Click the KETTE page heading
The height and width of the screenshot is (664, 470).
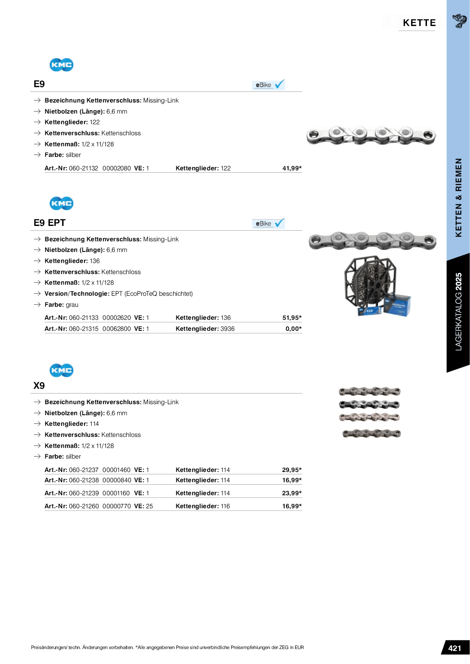419,23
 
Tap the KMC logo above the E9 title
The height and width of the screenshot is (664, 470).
62,65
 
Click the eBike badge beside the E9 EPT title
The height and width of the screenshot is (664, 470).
268,224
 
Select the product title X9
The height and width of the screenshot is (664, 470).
39,386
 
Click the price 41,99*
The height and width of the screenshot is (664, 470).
292,168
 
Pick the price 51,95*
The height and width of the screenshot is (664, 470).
292,318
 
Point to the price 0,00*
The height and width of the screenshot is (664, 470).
293,329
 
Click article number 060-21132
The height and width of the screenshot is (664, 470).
84,168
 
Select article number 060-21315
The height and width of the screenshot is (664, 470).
84,329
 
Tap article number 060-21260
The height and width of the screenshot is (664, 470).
84,506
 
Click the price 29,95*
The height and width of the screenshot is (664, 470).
292,470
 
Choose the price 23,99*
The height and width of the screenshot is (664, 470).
292,493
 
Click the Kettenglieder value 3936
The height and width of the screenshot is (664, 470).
227,329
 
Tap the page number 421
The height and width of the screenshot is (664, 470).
455,648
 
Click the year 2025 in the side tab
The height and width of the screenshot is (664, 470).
458,282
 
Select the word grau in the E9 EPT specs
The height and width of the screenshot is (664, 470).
72,305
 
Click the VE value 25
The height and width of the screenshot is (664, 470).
149,506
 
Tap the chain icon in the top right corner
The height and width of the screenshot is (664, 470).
459,21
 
